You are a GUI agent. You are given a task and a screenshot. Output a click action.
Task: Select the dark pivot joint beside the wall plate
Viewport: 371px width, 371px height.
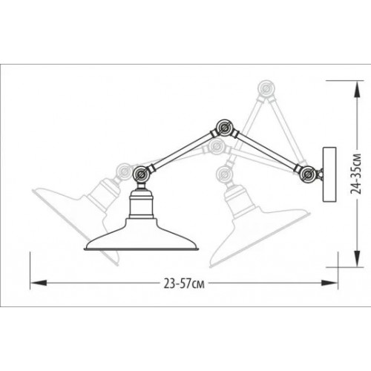point(307,175)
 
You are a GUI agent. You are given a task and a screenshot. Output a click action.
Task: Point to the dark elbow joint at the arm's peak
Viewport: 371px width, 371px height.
point(220,127)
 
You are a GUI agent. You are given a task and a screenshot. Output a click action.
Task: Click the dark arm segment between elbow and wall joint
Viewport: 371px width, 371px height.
point(265,151)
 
